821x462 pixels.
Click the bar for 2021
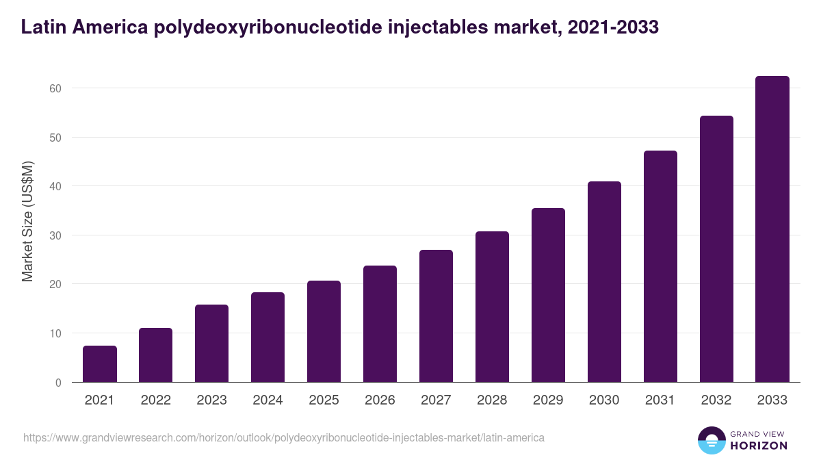[100, 364]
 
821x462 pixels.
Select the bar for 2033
[772, 229]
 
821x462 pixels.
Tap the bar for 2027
[436, 316]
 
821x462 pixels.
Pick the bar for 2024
[268, 337]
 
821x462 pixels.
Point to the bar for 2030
[604, 282]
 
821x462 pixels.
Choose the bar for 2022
[156, 355]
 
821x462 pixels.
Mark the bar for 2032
[716, 249]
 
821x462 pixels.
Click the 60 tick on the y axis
[55, 88]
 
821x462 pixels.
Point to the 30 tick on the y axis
[55, 235]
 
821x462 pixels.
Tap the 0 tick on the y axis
[58, 383]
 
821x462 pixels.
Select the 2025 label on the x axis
[324, 400]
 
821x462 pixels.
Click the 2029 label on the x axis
[548, 400]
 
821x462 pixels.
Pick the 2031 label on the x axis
[660, 400]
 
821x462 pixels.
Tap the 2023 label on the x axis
[211, 400]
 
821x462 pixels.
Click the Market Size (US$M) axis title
[27, 221]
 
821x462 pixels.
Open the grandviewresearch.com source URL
[284, 437]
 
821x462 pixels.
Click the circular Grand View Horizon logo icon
[711, 440]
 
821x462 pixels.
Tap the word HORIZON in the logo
[759, 446]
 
